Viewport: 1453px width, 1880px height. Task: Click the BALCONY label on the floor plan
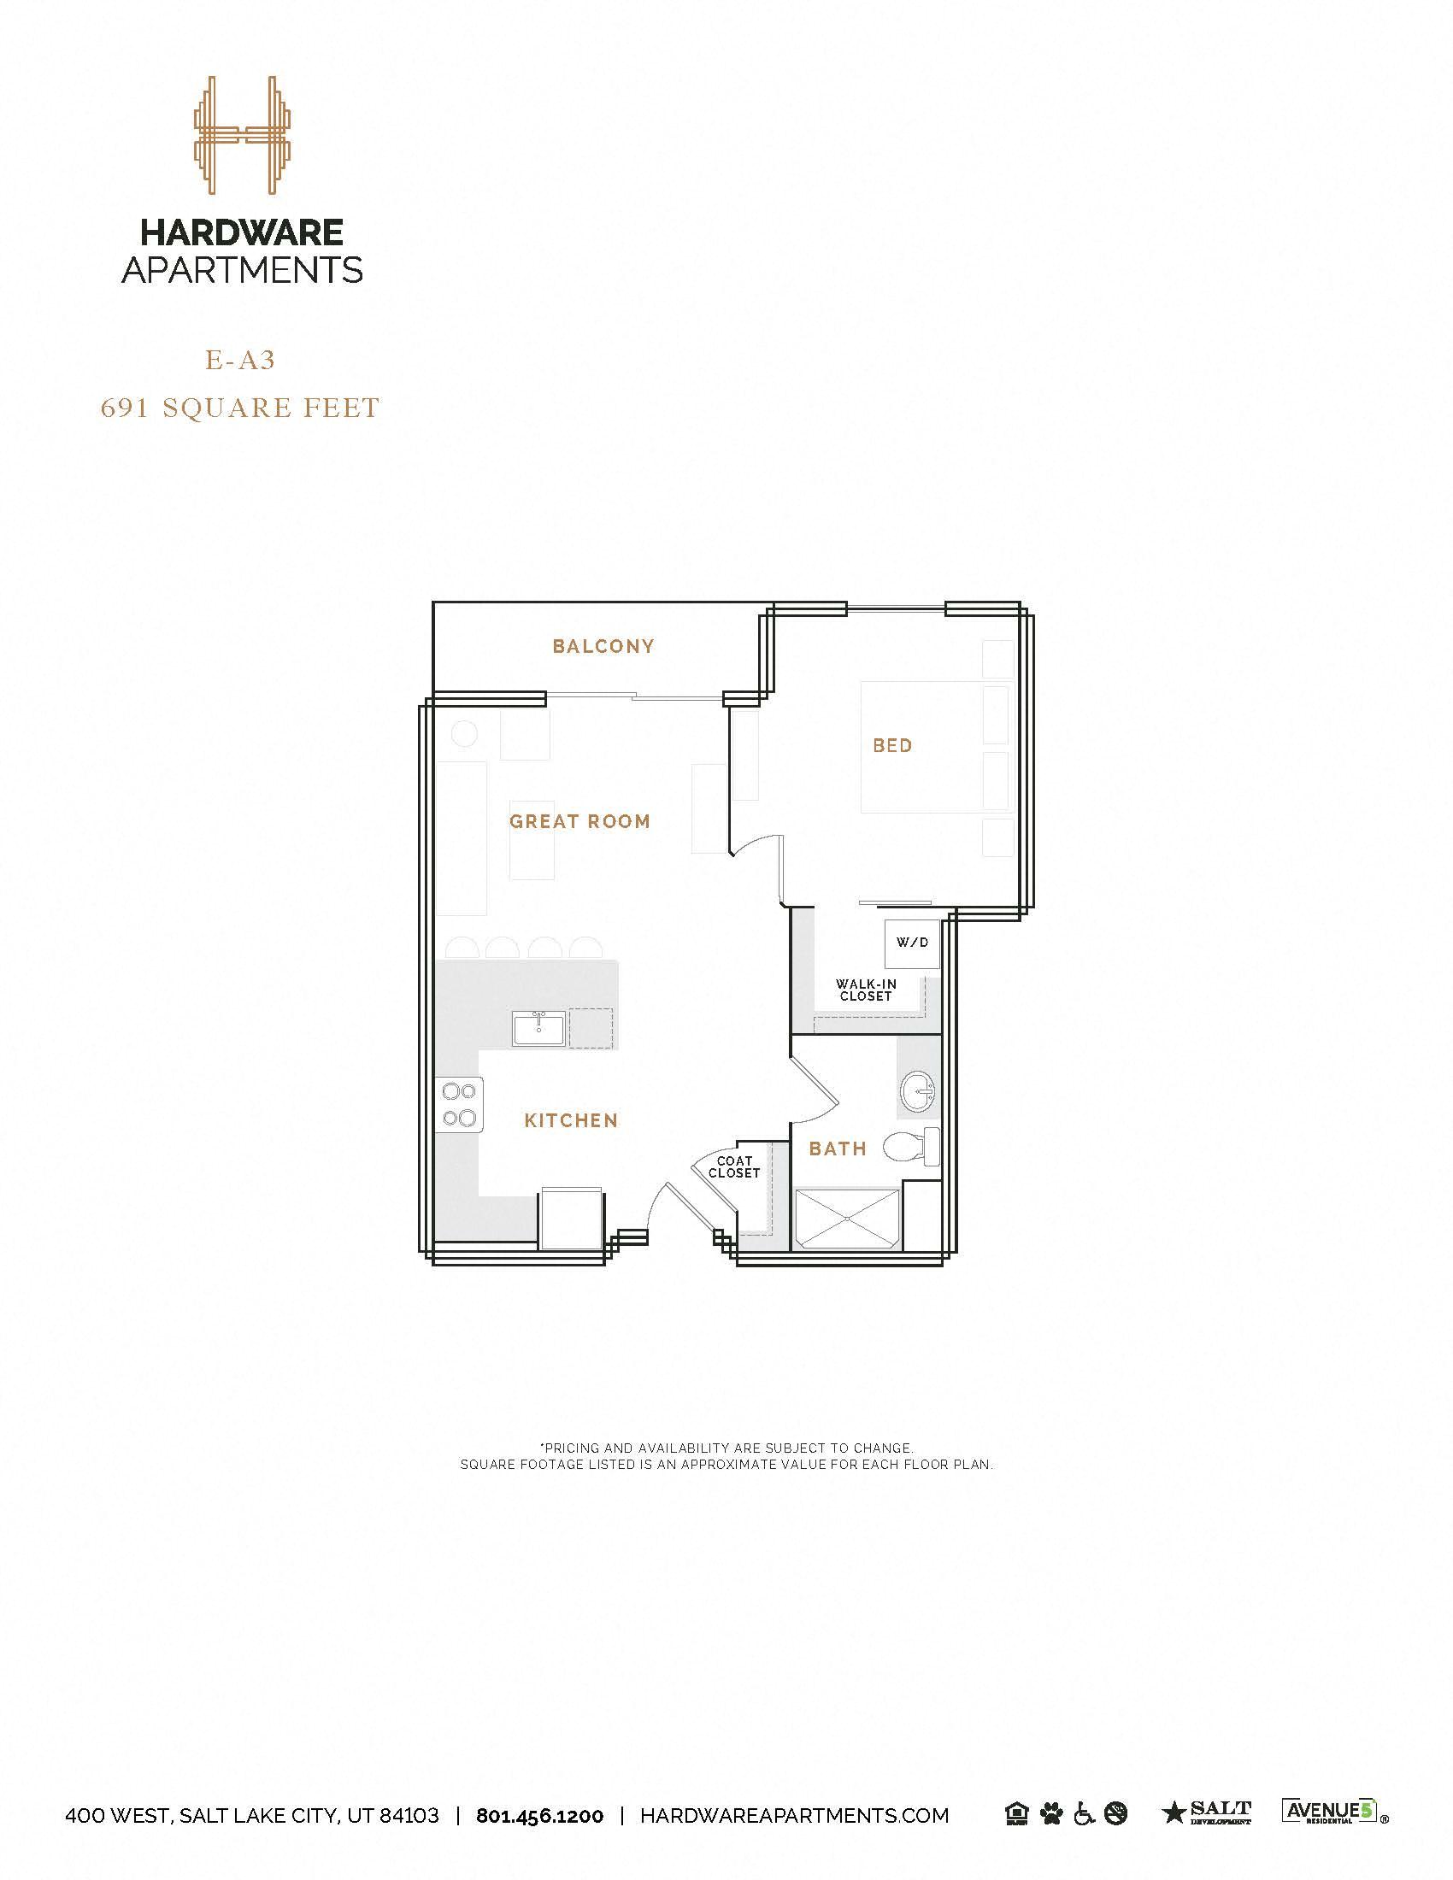click(603, 645)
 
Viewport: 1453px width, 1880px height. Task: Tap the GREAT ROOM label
click(579, 821)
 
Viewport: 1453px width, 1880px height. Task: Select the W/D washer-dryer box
click(913, 943)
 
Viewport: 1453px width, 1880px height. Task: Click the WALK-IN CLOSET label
click(866, 990)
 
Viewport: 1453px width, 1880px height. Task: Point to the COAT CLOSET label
click(734, 1167)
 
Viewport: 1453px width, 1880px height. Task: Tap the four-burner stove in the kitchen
click(460, 1105)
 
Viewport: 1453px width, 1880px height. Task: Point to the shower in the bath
click(848, 1219)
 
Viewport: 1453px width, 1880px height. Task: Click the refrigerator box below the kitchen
click(570, 1219)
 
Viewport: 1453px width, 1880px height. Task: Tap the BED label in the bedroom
click(891, 745)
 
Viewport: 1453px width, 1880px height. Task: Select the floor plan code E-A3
click(240, 360)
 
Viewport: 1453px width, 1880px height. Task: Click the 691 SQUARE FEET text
click(240, 407)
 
